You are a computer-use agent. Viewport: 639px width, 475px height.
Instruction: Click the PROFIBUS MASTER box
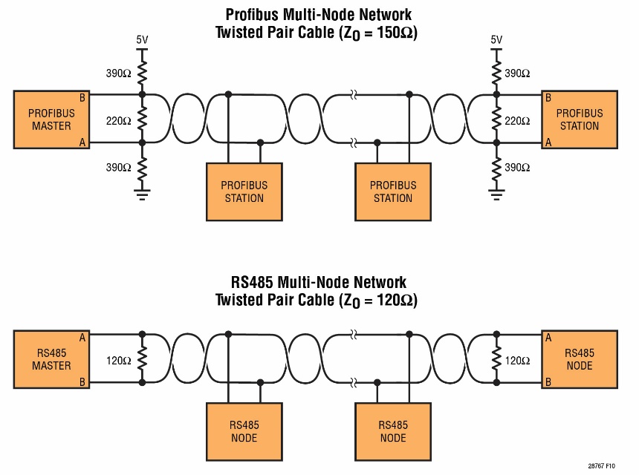(51, 119)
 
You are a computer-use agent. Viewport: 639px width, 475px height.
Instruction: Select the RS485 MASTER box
(51, 359)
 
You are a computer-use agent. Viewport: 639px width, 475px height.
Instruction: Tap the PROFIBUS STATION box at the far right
(580, 119)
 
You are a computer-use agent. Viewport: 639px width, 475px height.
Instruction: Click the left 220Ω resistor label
(119, 119)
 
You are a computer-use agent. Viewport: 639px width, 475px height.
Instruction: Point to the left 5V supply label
(142, 39)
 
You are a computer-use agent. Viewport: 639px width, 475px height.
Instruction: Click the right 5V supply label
(497, 39)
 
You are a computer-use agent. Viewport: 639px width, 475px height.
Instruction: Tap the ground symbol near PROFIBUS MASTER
(142, 194)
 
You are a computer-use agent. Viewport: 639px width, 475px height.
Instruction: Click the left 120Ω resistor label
(119, 361)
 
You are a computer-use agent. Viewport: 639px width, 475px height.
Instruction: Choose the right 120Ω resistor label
(518, 361)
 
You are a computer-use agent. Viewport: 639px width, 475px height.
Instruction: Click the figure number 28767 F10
(601, 465)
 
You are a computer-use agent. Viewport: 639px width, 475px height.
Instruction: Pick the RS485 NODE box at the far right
(580, 359)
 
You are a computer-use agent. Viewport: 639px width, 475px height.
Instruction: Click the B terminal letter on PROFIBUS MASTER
(82, 97)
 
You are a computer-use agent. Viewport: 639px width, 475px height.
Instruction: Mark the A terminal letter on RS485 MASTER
(82, 338)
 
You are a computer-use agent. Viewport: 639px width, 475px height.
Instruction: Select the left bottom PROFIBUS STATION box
(244, 191)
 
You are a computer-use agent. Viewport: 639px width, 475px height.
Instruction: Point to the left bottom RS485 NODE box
(244, 431)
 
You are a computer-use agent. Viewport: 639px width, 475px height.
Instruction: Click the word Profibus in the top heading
(253, 15)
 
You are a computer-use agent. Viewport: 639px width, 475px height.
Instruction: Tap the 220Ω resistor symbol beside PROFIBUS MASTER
(142, 119)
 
